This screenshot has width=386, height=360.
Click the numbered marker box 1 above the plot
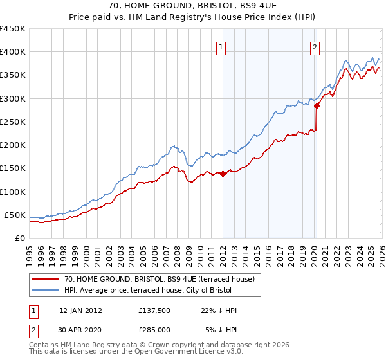click(221, 46)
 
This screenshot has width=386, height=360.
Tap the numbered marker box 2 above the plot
click(315, 46)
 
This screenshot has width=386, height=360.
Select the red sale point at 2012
click(223, 174)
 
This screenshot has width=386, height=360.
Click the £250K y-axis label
click(13, 122)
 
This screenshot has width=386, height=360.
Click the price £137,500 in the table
click(154, 310)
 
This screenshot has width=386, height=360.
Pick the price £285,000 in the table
click(154, 329)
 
